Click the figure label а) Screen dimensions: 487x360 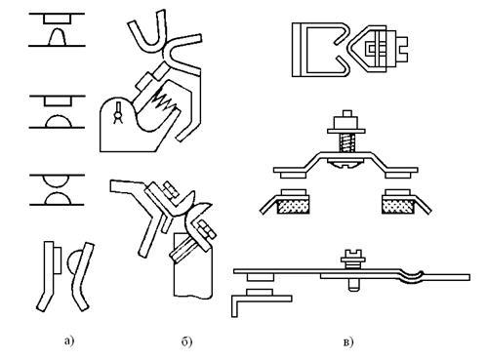pyautogui.click(x=69, y=341)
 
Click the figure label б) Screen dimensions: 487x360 pyautogui.click(x=186, y=341)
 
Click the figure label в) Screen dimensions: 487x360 pyautogui.click(x=347, y=342)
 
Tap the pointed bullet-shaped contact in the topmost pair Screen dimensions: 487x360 pyautogui.click(x=58, y=36)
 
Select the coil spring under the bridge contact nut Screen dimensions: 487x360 pyautogui.click(x=346, y=143)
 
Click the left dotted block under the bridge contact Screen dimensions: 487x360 pyautogui.click(x=293, y=207)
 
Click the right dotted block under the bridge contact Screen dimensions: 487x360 pyautogui.click(x=398, y=207)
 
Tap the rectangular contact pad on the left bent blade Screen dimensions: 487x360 pyautogui.click(x=57, y=260)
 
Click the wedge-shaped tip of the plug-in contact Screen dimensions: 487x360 pyautogui.click(x=361, y=49)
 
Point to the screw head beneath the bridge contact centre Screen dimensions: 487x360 pyautogui.click(x=346, y=165)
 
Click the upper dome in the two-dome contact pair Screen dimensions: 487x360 pyautogui.click(x=58, y=180)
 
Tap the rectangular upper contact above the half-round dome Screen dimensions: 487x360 pyautogui.click(x=57, y=101)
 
